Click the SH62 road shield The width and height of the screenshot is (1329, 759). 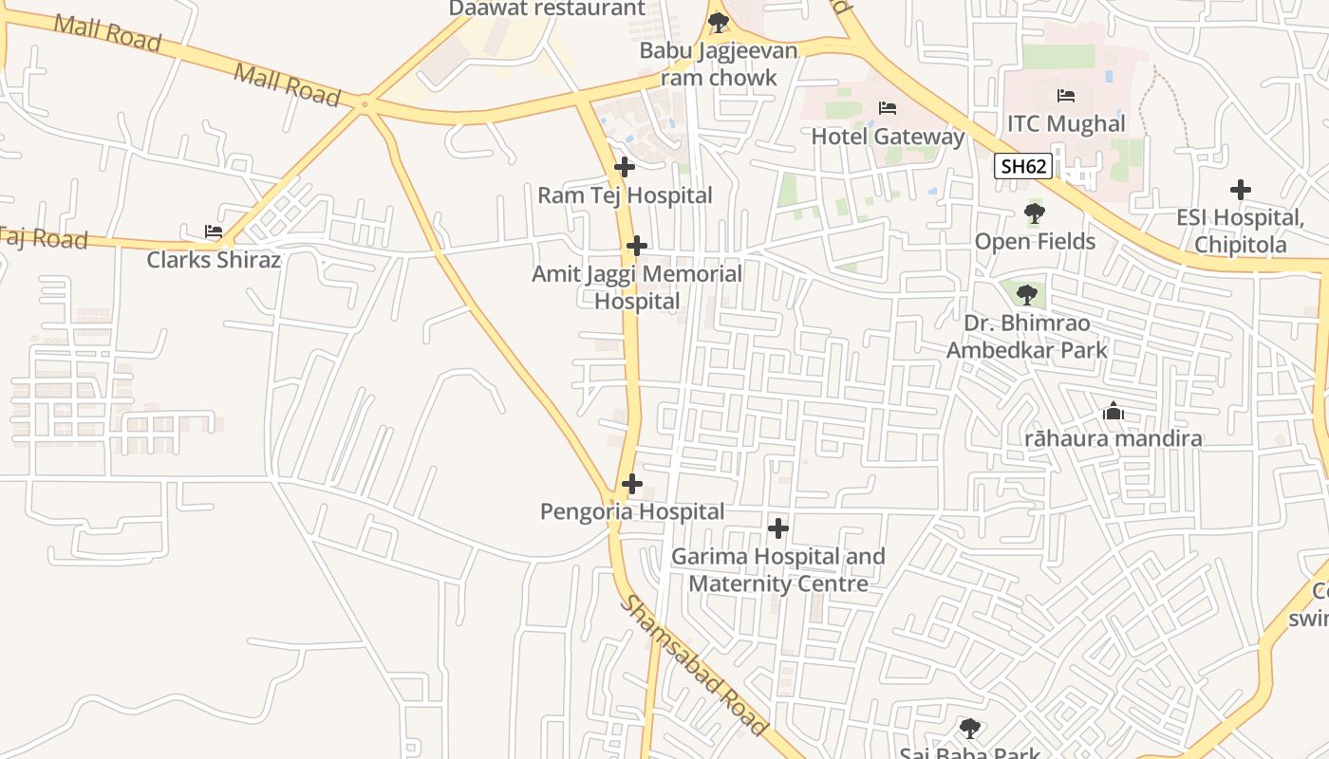tap(1023, 167)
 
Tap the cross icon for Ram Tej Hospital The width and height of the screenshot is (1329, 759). tap(625, 167)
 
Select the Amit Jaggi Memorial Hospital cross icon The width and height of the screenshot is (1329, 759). tap(637, 247)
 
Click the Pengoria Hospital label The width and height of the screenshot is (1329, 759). tap(632, 512)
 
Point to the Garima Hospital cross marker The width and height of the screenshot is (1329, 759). tap(778, 528)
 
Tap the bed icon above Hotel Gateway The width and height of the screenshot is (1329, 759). tap(888, 108)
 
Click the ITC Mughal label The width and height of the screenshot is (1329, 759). tap(1066, 124)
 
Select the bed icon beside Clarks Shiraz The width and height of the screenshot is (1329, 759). tap(214, 231)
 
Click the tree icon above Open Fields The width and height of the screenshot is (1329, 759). tap(1035, 213)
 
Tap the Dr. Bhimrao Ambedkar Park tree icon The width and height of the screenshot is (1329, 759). tap(1026, 295)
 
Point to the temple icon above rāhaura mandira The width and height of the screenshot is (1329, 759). tap(1114, 412)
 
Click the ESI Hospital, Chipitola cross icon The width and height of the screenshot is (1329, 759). tap(1240, 190)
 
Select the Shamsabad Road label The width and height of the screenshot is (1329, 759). tap(693, 666)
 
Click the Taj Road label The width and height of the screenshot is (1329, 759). tap(44, 237)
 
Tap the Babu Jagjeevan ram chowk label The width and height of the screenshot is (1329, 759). tap(719, 64)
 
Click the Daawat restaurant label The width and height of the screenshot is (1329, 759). tap(547, 9)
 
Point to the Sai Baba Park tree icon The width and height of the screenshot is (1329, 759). tap(969, 729)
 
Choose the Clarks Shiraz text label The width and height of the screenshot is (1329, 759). tap(214, 260)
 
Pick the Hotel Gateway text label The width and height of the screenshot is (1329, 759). tap(888, 137)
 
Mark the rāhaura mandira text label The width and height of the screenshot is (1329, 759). tap(1114, 439)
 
